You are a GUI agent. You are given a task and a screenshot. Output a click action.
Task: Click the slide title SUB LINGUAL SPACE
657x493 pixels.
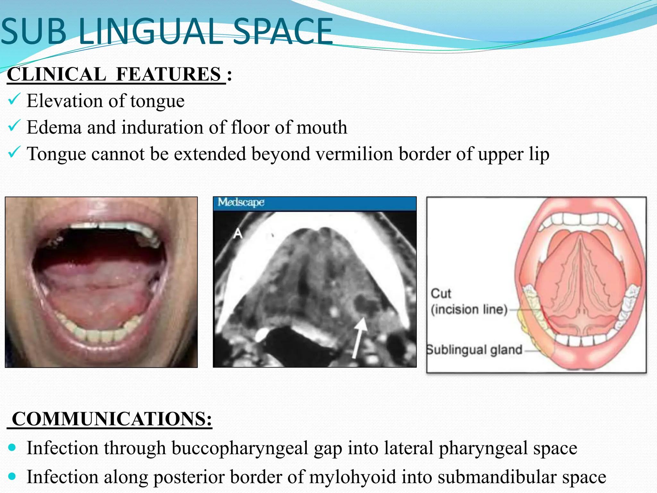(167, 31)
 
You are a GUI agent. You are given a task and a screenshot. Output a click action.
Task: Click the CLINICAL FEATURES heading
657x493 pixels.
(116, 74)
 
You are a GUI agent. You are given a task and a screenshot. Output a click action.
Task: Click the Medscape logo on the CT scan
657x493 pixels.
(241, 202)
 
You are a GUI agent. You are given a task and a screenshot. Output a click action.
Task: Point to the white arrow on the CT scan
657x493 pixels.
(359, 337)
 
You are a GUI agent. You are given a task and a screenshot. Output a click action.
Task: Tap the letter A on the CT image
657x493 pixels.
(238, 233)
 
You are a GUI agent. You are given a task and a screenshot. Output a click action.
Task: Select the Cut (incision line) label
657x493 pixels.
(469, 302)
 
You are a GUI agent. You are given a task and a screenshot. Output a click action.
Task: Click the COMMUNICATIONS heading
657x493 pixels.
(112, 419)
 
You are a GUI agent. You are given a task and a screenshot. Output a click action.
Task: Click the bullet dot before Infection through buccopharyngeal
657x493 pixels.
(12, 447)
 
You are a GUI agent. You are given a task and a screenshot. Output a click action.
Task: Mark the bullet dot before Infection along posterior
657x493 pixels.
(12, 476)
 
